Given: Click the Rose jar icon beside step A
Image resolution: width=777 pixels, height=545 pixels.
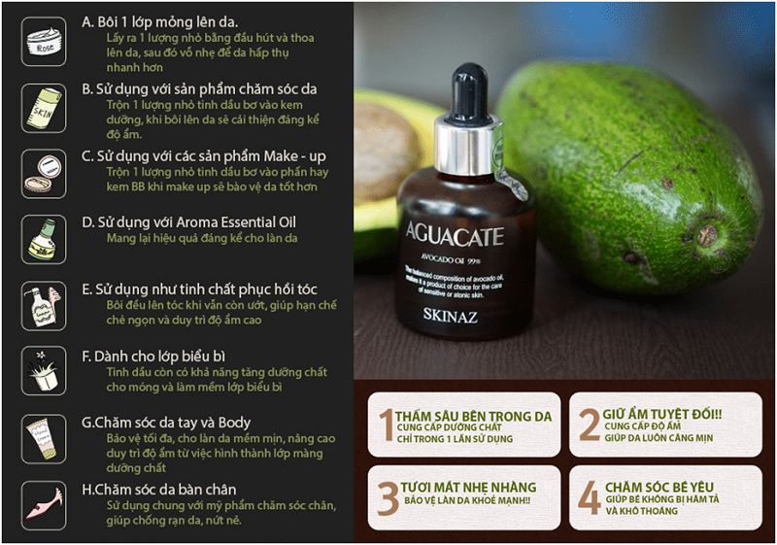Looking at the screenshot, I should pyautogui.click(x=45, y=41).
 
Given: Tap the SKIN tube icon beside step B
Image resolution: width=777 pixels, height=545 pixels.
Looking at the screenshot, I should pyautogui.click(x=45, y=107).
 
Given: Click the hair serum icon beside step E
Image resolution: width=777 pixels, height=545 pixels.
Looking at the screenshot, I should pyautogui.click(x=45, y=305).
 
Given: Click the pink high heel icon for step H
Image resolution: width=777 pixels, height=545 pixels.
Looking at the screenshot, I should pyautogui.click(x=45, y=505).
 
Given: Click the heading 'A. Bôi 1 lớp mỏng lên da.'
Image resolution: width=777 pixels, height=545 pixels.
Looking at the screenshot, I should pyautogui.click(x=159, y=21).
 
